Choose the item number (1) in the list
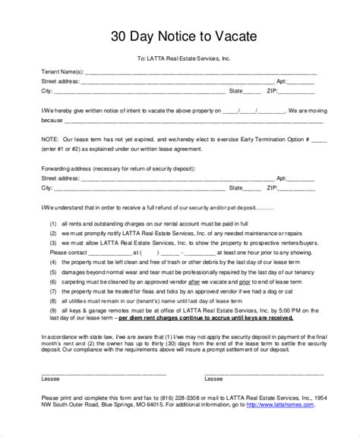(54, 225)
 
